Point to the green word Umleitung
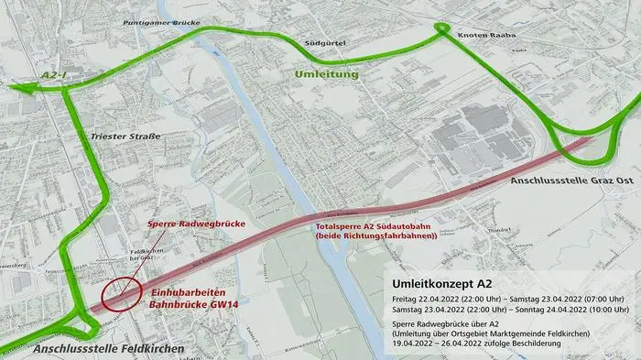327,72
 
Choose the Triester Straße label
125,136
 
